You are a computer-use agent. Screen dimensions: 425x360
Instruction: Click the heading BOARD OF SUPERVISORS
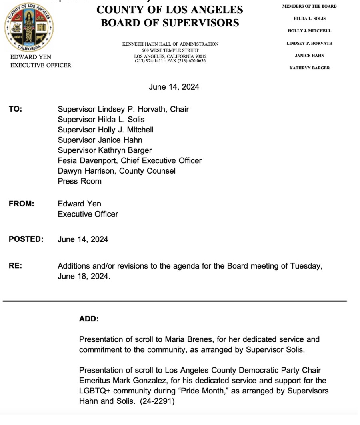(x=170, y=23)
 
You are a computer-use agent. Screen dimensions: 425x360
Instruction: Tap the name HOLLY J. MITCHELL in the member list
(x=309, y=31)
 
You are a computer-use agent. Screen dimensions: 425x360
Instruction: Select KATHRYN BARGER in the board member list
(x=309, y=68)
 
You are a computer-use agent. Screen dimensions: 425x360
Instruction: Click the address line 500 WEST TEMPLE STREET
(x=170, y=50)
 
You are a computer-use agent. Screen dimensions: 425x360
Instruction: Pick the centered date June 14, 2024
(x=174, y=87)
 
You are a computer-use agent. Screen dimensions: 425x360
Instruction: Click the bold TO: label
(x=16, y=109)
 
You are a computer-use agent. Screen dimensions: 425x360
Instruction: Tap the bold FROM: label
(x=22, y=204)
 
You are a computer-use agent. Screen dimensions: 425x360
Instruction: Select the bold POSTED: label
(x=26, y=239)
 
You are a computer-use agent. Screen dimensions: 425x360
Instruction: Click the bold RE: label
(x=15, y=265)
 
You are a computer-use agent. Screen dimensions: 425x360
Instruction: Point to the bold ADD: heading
(x=89, y=319)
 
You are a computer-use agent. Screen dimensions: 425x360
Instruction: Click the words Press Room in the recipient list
(x=80, y=181)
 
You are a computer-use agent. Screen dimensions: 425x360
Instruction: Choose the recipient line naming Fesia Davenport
(x=130, y=160)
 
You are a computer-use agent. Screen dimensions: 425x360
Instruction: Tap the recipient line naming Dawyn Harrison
(x=116, y=171)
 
